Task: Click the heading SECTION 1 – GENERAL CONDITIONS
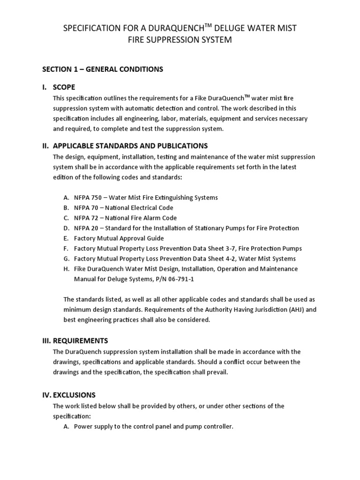[103, 69]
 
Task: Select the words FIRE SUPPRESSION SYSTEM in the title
[180, 40]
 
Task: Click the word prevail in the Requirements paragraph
[217, 372]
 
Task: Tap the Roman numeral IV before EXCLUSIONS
[46, 395]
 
